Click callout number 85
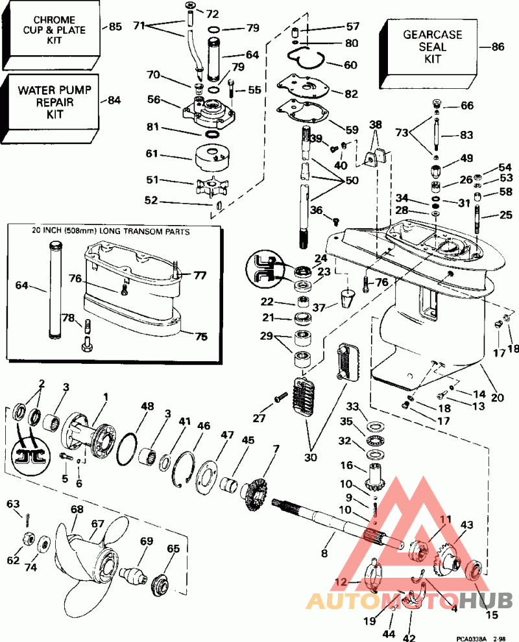click(x=115, y=27)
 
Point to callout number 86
click(x=498, y=47)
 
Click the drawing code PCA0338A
click(x=466, y=636)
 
